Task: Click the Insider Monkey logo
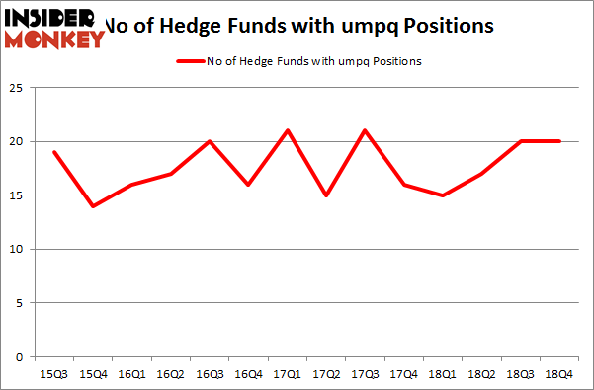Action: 53,27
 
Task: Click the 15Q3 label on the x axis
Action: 54,373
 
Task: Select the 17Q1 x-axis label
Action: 287,373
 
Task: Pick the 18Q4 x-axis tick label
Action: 558,373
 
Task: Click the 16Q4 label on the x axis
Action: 248,373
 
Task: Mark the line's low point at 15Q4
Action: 93,206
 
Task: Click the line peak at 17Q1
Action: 287,130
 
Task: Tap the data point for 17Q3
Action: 365,130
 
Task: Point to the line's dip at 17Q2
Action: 326,195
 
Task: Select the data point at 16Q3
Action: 210,141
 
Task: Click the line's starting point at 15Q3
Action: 54,152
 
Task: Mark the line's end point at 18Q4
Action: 558,141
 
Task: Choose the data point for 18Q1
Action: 442,195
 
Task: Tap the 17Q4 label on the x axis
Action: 403,373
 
